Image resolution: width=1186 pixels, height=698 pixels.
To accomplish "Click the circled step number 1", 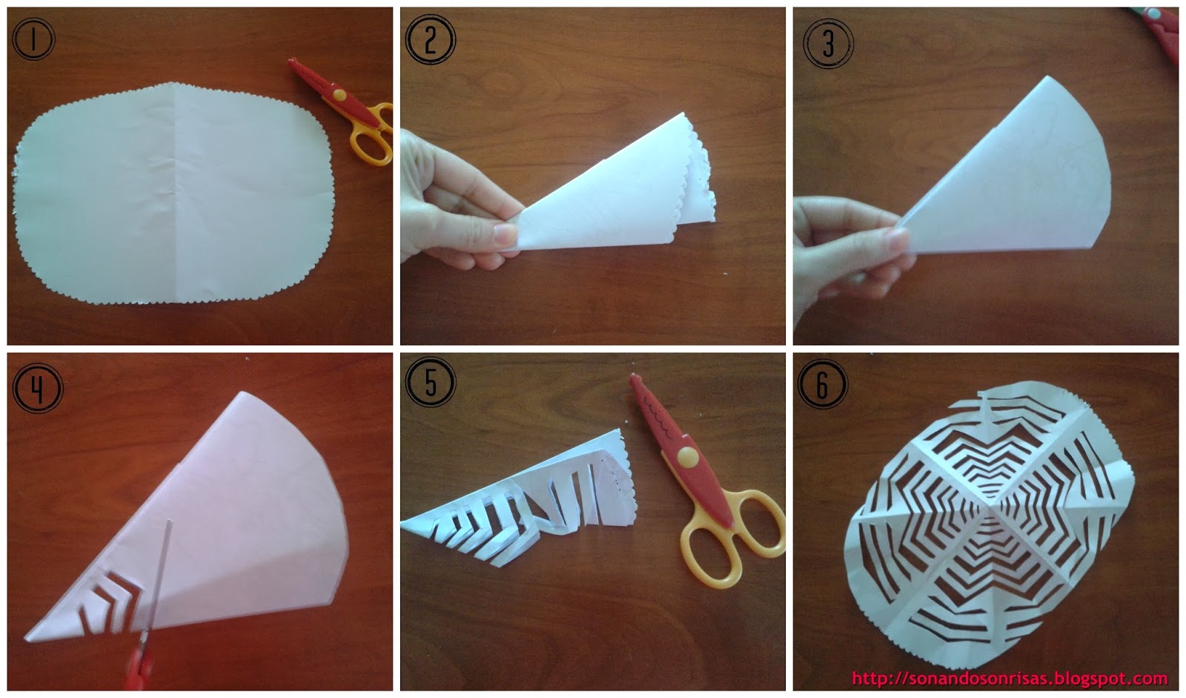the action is (33, 39).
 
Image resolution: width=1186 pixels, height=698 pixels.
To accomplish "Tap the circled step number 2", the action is (430, 39).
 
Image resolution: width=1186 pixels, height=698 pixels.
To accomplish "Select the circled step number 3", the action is (828, 43).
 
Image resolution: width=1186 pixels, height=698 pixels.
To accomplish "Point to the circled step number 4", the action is (37, 388).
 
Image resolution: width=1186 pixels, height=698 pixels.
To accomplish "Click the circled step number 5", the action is (430, 381).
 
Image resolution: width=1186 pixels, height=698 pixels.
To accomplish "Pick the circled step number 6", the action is (822, 384).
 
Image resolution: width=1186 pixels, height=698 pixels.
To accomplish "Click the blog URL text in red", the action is (1010, 679).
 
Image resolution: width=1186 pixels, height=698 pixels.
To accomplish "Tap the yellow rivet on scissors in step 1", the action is (339, 95).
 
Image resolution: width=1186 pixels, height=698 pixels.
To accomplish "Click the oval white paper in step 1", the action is (172, 194).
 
